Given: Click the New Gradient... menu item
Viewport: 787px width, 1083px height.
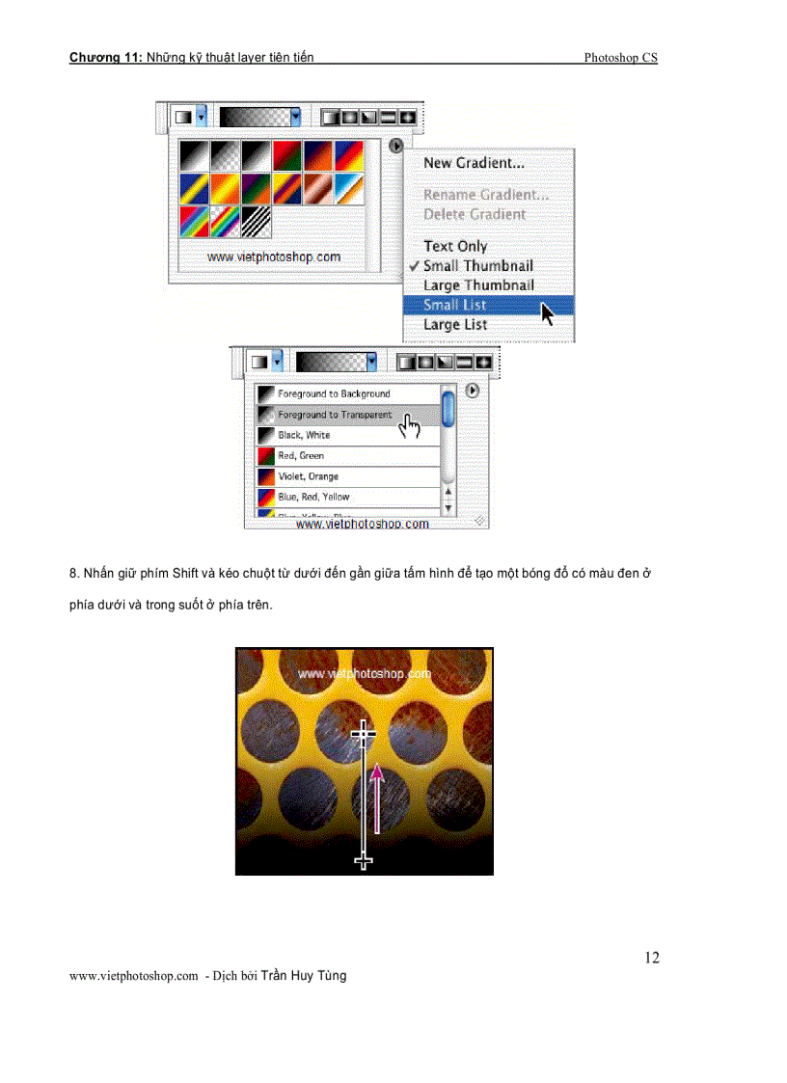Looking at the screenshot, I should [x=474, y=163].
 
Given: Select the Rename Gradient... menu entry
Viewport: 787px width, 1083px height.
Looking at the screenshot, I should [x=485, y=195].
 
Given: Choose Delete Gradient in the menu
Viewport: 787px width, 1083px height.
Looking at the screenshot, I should [x=475, y=214].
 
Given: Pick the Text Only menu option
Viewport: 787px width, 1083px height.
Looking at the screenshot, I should [x=455, y=246].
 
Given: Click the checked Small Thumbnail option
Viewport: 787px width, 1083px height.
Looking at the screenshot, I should [x=477, y=265].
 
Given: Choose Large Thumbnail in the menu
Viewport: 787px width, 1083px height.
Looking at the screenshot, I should [x=478, y=285].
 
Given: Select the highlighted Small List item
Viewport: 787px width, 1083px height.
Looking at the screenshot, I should [x=454, y=305].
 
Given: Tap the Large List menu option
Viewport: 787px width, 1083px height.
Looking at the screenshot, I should [x=455, y=325].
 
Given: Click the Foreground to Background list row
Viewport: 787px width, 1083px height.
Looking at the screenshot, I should [x=334, y=393].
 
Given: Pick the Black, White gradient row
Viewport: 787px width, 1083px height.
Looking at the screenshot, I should [x=304, y=435].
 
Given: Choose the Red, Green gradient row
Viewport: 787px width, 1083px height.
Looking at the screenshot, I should [x=301, y=455].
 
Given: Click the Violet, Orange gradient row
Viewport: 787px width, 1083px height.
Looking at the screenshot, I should [x=308, y=476].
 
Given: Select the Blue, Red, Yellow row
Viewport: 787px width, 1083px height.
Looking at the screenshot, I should [x=313, y=497].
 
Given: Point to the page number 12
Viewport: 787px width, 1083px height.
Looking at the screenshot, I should [x=652, y=958].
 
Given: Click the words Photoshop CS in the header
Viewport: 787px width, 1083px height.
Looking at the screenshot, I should [x=620, y=58].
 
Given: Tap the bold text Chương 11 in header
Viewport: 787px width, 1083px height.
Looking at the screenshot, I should [x=105, y=58].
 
